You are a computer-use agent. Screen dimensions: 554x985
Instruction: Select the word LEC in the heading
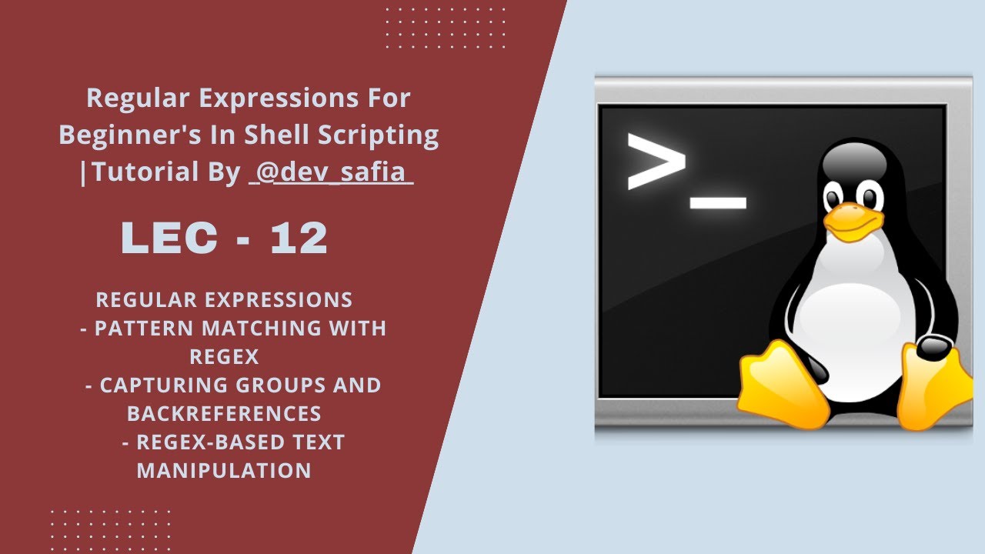tap(169, 239)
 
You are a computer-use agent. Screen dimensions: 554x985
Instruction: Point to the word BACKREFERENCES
tap(224, 413)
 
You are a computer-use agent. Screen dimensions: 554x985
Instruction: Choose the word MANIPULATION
tap(224, 470)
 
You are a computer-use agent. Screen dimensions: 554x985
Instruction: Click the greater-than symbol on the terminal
tap(656, 162)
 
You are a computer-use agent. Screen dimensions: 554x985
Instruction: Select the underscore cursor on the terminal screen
tap(718, 203)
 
